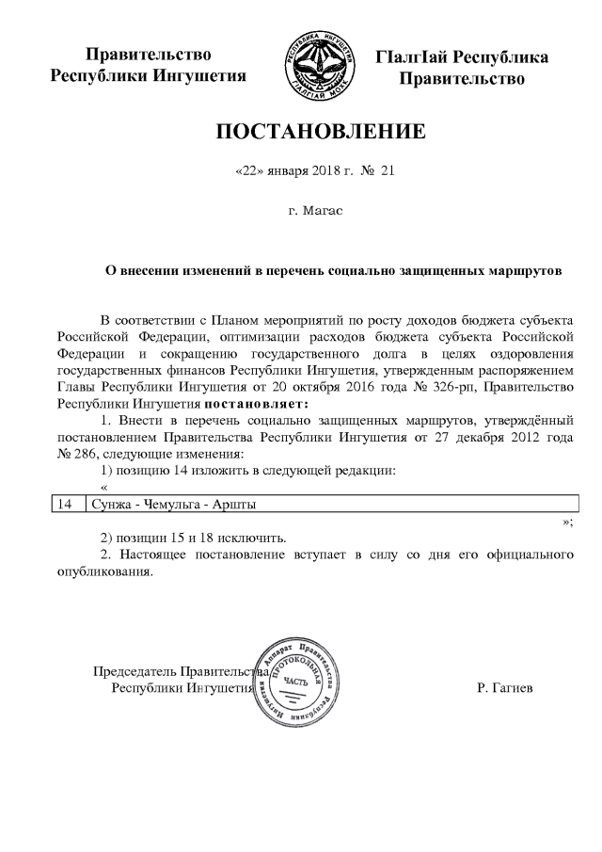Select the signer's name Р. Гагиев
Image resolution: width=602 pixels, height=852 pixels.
(x=504, y=688)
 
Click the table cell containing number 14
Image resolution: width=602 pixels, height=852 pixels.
(x=65, y=505)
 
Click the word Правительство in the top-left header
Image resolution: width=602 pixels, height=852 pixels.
(x=148, y=56)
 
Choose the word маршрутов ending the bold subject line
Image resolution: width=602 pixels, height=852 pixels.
(x=522, y=272)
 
